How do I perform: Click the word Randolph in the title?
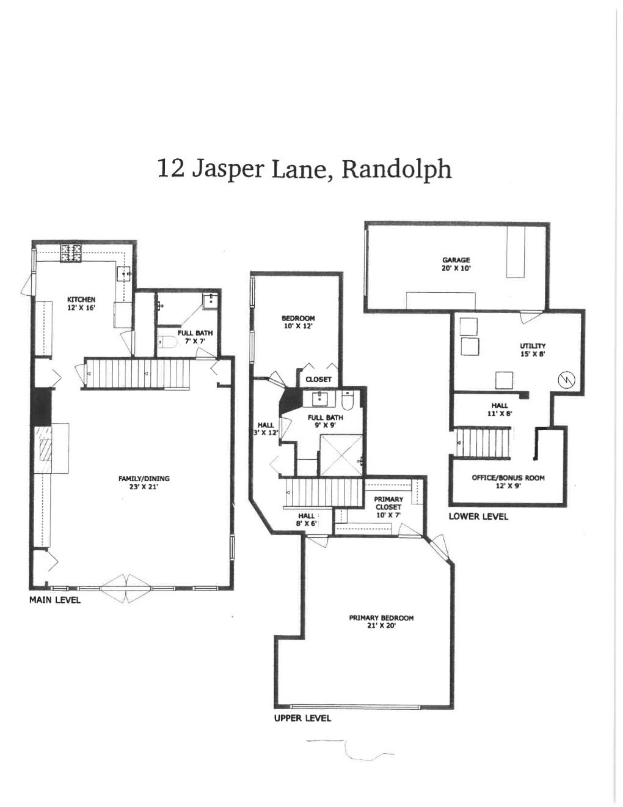396,169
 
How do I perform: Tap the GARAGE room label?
456,260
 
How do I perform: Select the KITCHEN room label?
81,300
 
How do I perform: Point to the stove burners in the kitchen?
71,252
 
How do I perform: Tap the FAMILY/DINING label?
144,479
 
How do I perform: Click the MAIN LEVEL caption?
55,600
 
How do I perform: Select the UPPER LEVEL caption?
302,718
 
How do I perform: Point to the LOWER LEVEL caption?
478,516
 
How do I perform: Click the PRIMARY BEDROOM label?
381,618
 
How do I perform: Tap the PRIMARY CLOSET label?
388,503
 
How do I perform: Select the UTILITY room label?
533,346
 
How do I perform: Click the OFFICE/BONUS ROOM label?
508,477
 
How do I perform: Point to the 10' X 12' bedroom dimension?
298,326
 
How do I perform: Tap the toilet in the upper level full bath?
348,401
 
